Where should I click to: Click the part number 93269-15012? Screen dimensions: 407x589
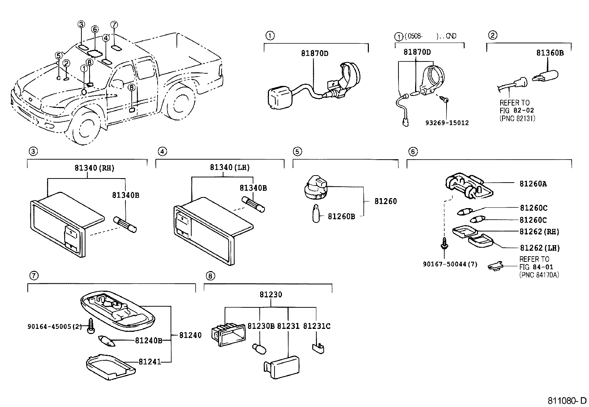click(x=447, y=123)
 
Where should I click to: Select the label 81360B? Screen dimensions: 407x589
click(x=550, y=53)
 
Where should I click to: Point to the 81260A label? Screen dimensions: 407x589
click(x=533, y=183)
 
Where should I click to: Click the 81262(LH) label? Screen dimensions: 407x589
click(x=539, y=248)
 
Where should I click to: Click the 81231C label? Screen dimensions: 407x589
click(x=317, y=326)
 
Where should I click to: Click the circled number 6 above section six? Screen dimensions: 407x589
click(x=413, y=151)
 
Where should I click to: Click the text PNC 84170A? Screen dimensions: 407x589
click(x=539, y=274)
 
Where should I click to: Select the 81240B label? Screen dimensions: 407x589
click(x=148, y=340)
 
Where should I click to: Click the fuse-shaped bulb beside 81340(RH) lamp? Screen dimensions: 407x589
click(x=125, y=224)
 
